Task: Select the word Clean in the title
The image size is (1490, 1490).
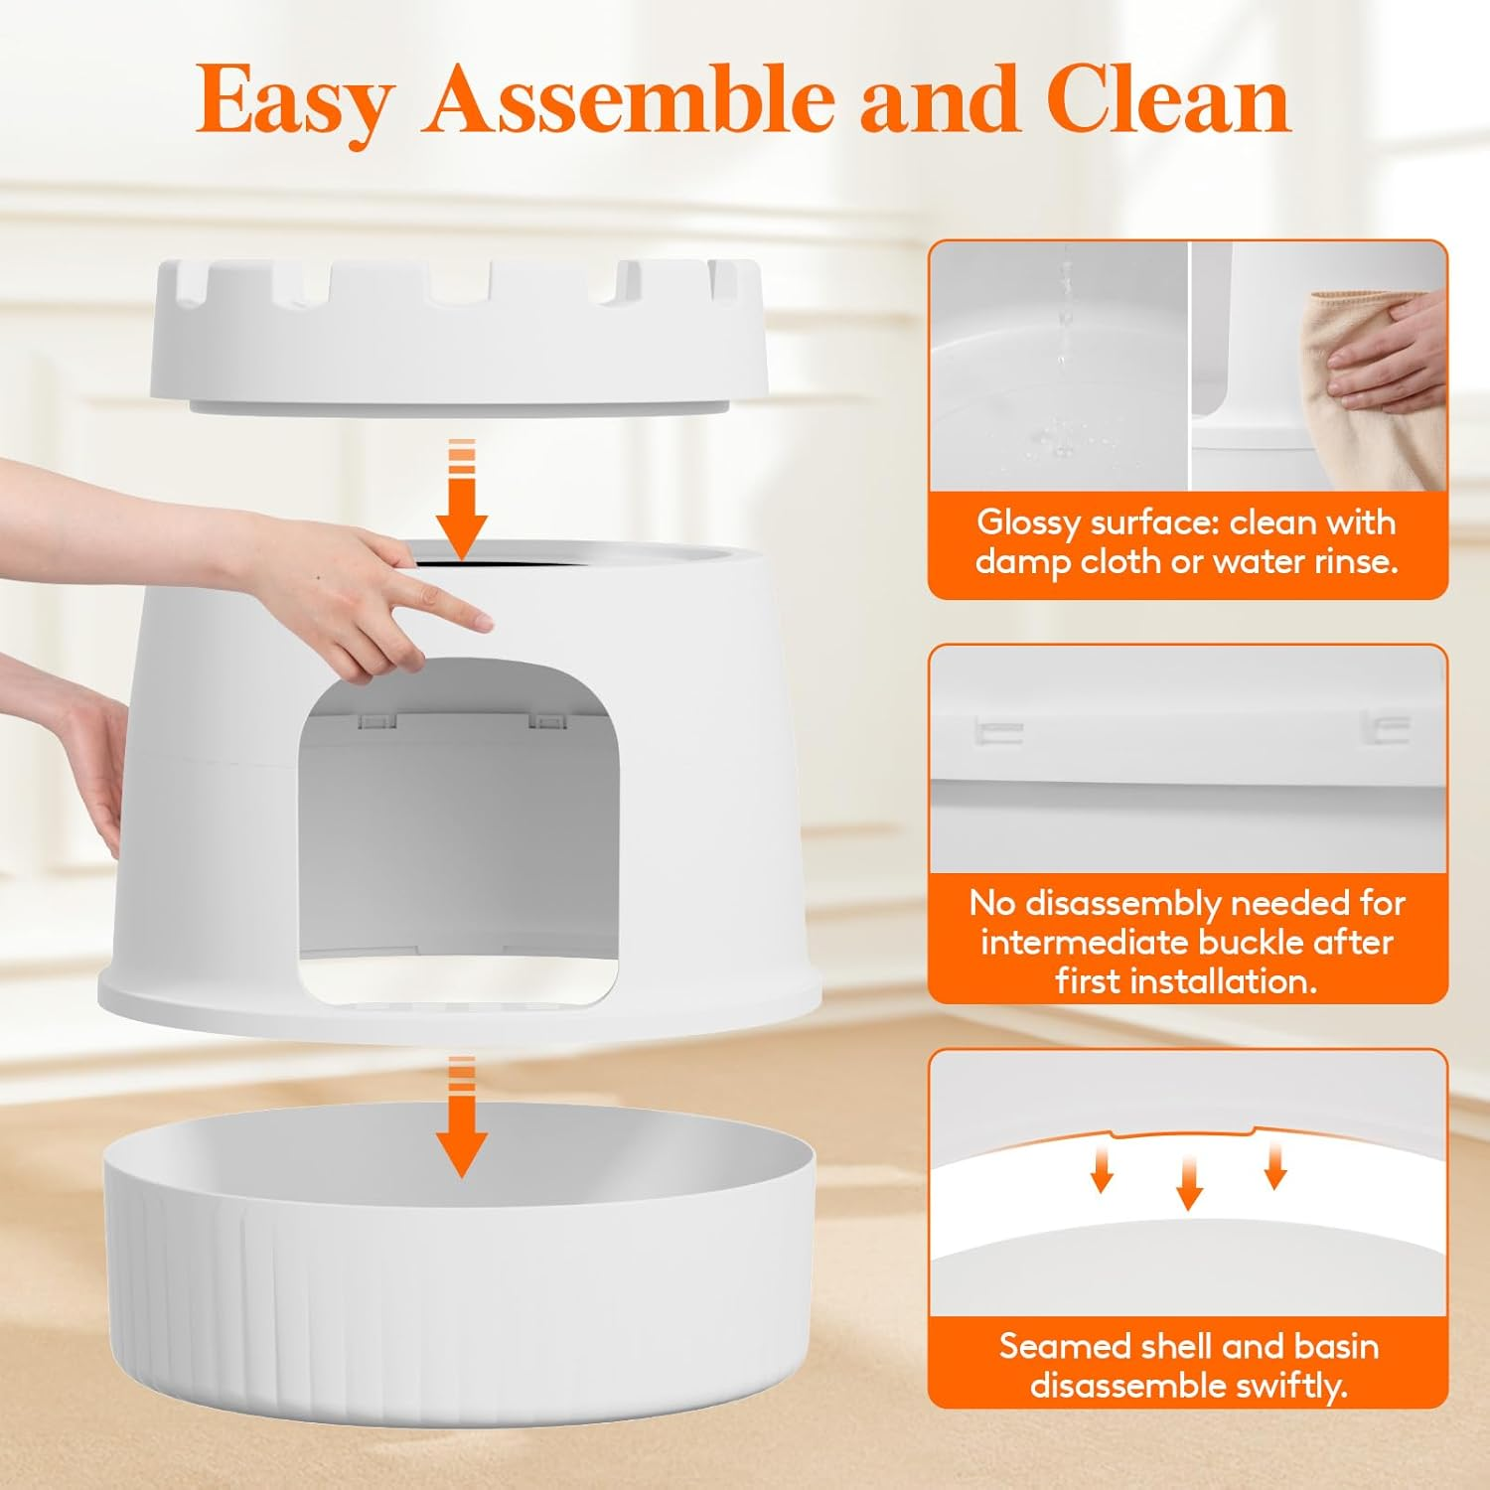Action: click(x=1168, y=99)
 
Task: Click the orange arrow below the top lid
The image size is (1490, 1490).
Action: click(x=461, y=502)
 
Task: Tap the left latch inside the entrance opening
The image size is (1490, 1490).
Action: click(x=374, y=720)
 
